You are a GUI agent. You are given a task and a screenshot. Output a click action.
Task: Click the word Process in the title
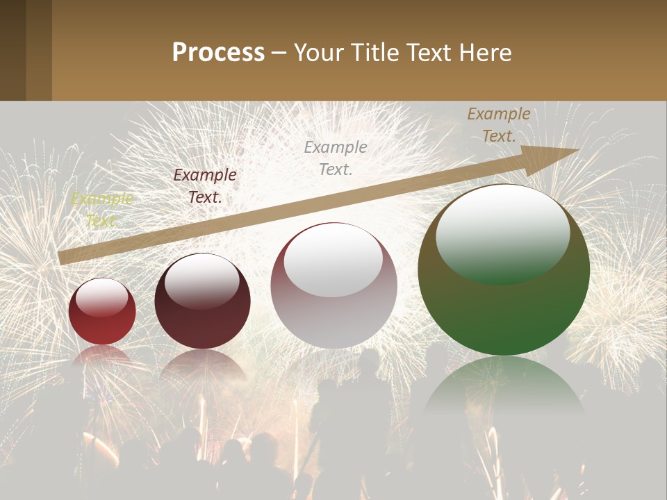click(218, 53)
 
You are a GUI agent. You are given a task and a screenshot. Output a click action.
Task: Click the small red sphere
click(102, 311)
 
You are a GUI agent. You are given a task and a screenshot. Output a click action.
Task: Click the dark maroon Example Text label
click(205, 186)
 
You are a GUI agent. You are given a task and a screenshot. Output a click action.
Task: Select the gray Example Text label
click(336, 158)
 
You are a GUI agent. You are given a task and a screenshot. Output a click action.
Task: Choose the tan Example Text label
click(499, 125)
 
